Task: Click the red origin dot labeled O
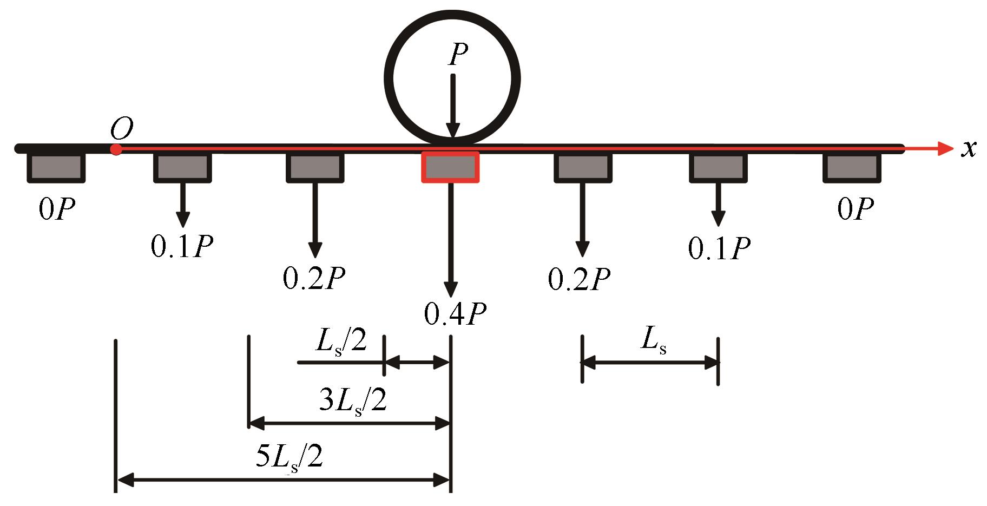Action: [x=115, y=149]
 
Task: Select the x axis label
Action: [x=969, y=149]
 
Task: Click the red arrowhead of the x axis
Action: [x=944, y=148]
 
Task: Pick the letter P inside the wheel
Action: [x=457, y=55]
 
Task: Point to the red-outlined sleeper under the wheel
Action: [x=450, y=167]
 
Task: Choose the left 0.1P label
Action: [x=182, y=246]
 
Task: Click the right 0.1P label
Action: [x=719, y=248]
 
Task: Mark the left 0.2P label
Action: [x=314, y=278]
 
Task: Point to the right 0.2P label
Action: [x=580, y=278]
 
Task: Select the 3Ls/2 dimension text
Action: [x=354, y=401]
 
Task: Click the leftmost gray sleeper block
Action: [x=56, y=167]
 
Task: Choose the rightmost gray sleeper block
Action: [x=851, y=167]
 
